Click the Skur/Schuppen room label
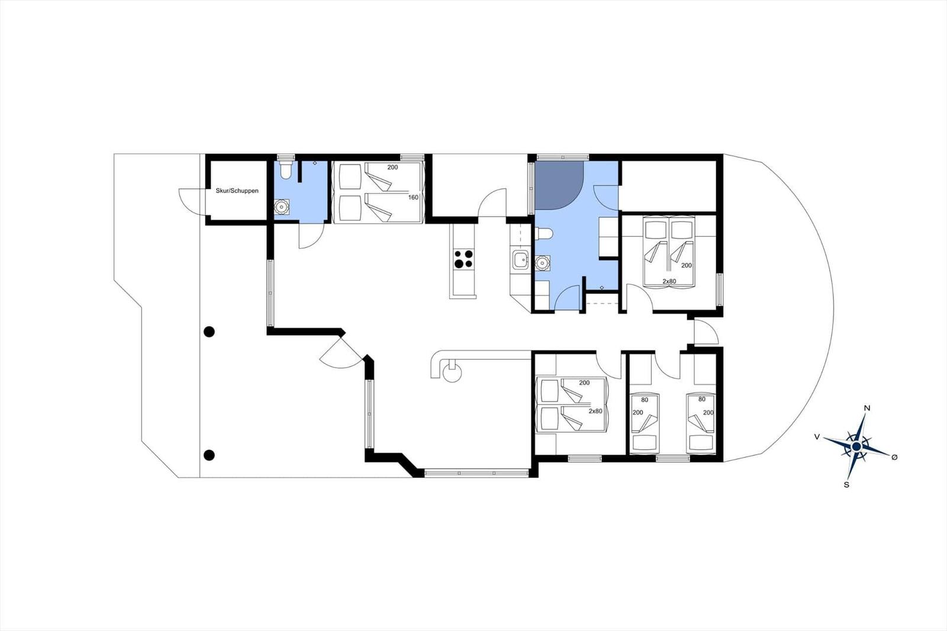click(x=237, y=191)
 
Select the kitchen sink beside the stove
click(x=520, y=259)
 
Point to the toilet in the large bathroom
click(x=544, y=233)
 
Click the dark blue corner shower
click(x=559, y=185)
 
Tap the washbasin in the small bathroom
click(x=281, y=207)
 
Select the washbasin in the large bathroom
click(x=542, y=263)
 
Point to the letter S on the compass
click(x=846, y=485)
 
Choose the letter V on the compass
click(x=817, y=437)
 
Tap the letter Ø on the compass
click(x=894, y=457)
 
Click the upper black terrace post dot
click(x=210, y=332)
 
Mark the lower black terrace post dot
click(x=210, y=455)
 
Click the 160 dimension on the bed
click(x=413, y=198)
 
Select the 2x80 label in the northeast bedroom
click(x=669, y=281)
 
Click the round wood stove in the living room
click(x=452, y=374)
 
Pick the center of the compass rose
click(x=856, y=446)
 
